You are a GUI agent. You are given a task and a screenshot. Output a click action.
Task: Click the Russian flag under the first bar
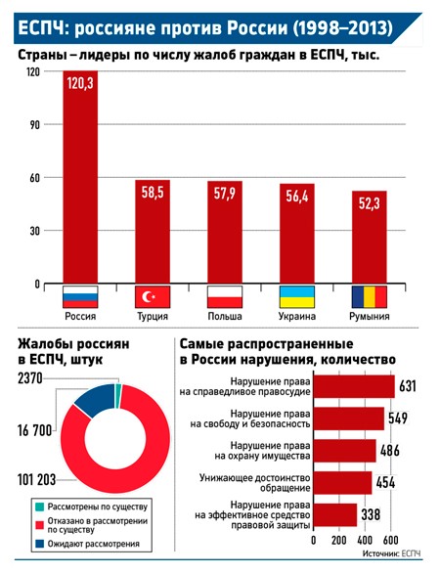(x=80, y=296)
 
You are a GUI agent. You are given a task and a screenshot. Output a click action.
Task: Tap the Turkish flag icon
(x=153, y=296)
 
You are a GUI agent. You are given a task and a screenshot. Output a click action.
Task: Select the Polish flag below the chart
(x=225, y=296)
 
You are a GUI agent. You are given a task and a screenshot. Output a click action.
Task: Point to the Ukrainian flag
(x=297, y=296)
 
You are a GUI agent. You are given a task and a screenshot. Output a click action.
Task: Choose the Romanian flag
(x=369, y=296)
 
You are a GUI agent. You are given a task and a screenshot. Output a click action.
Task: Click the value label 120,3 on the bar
(x=80, y=83)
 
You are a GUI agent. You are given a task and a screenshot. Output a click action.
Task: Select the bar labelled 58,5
(x=153, y=232)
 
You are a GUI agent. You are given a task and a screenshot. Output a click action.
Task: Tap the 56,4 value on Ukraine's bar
(x=297, y=197)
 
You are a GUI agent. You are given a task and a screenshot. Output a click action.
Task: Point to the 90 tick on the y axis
(x=34, y=124)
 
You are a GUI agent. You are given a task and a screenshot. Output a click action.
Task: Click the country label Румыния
(x=370, y=316)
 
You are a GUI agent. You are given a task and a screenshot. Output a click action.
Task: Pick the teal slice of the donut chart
(x=117, y=396)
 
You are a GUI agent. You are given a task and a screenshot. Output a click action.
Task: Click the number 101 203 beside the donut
(x=36, y=479)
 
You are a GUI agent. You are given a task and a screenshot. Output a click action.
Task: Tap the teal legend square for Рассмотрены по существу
(x=40, y=507)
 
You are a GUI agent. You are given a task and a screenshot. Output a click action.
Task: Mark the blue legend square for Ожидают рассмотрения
(x=40, y=544)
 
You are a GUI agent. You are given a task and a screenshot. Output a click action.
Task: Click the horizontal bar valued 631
(x=354, y=386)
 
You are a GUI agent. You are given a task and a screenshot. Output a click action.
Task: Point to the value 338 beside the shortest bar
(x=371, y=515)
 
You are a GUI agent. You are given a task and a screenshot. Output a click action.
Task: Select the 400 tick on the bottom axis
(x=365, y=540)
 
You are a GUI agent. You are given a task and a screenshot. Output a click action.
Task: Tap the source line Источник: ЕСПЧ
(x=391, y=553)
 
